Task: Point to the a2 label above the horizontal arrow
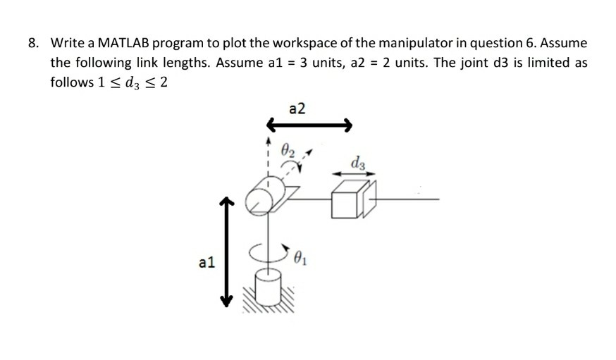pyautogui.click(x=297, y=108)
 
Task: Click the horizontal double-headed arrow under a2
pyautogui.click(x=308, y=126)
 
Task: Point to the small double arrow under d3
pyautogui.click(x=350, y=175)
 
